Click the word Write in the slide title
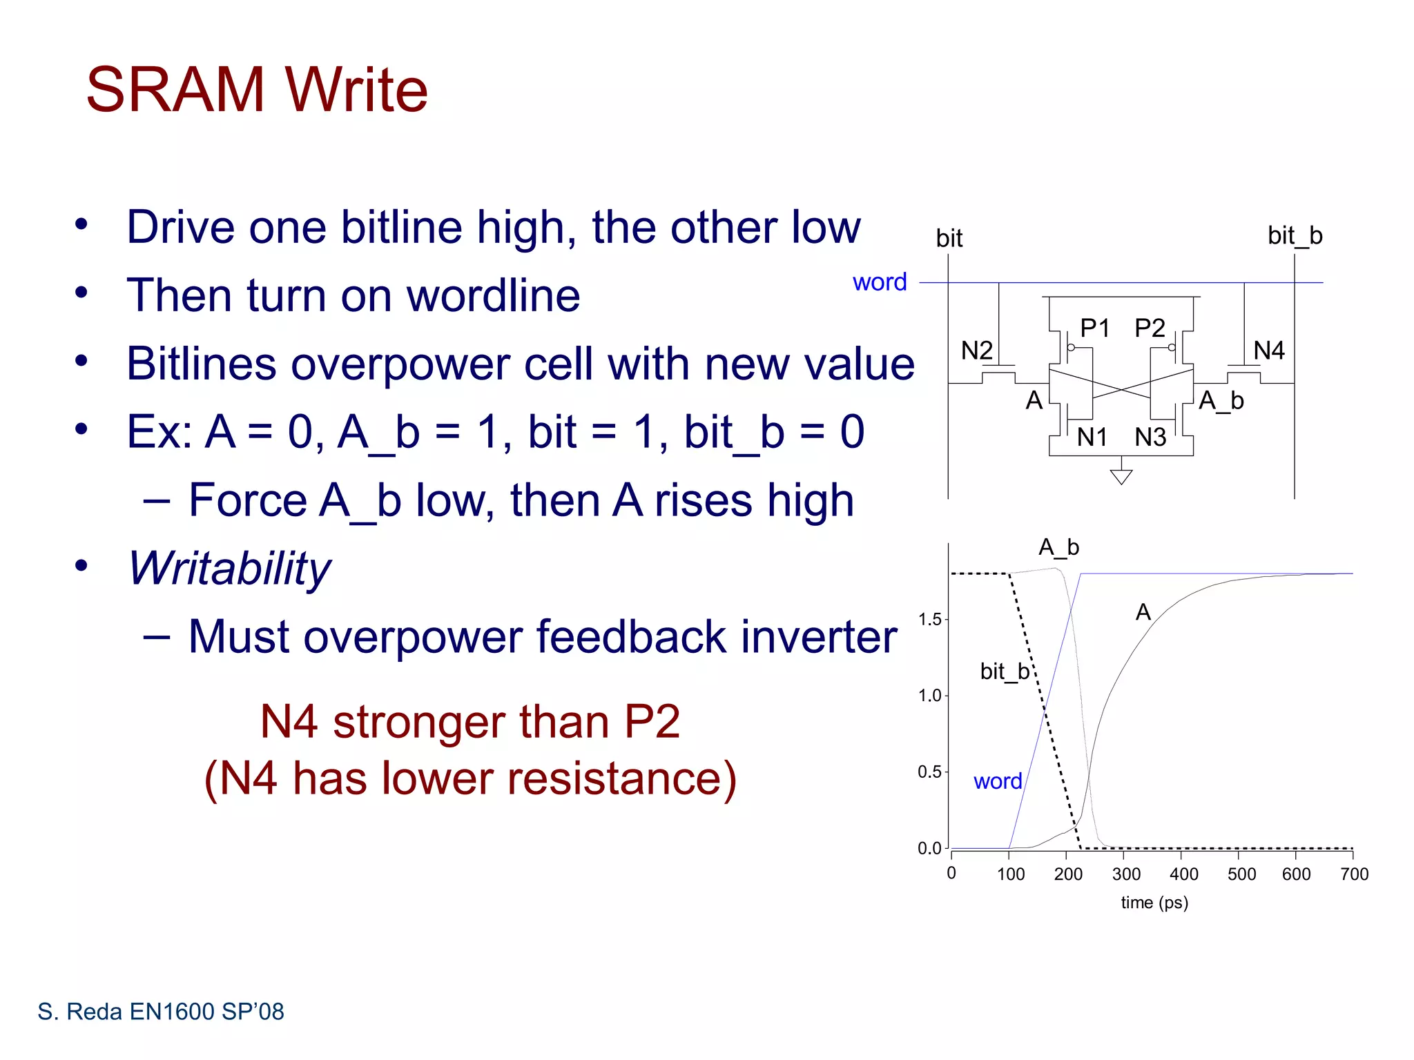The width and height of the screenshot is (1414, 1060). [x=356, y=90]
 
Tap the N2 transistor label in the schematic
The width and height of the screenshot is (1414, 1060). [x=976, y=351]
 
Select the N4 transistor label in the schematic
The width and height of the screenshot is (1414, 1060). [x=1268, y=351]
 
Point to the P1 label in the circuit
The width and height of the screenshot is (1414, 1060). [x=1094, y=328]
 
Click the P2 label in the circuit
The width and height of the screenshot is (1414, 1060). [x=1150, y=328]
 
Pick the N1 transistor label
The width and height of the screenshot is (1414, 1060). [x=1092, y=437]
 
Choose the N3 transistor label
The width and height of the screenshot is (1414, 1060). [x=1150, y=437]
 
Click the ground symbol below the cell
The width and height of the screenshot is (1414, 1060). [x=1121, y=476]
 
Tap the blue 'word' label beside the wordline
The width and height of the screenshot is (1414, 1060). [x=879, y=282]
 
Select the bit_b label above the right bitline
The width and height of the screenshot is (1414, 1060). [x=1295, y=236]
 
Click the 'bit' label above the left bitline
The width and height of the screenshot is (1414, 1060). [x=949, y=239]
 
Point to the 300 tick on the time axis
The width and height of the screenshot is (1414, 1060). [x=1126, y=874]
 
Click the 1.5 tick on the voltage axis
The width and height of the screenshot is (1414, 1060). [x=929, y=619]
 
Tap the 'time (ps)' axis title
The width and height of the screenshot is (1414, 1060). [x=1154, y=903]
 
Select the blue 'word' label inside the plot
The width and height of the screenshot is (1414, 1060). [x=997, y=781]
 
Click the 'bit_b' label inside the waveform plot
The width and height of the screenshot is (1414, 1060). [x=1005, y=671]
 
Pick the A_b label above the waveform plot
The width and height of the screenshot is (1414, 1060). [x=1058, y=547]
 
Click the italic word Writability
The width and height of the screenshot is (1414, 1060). [x=229, y=569]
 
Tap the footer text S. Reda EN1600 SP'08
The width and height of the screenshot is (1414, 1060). [x=161, y=1012]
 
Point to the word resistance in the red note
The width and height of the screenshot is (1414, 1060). [x=617, y=778]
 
